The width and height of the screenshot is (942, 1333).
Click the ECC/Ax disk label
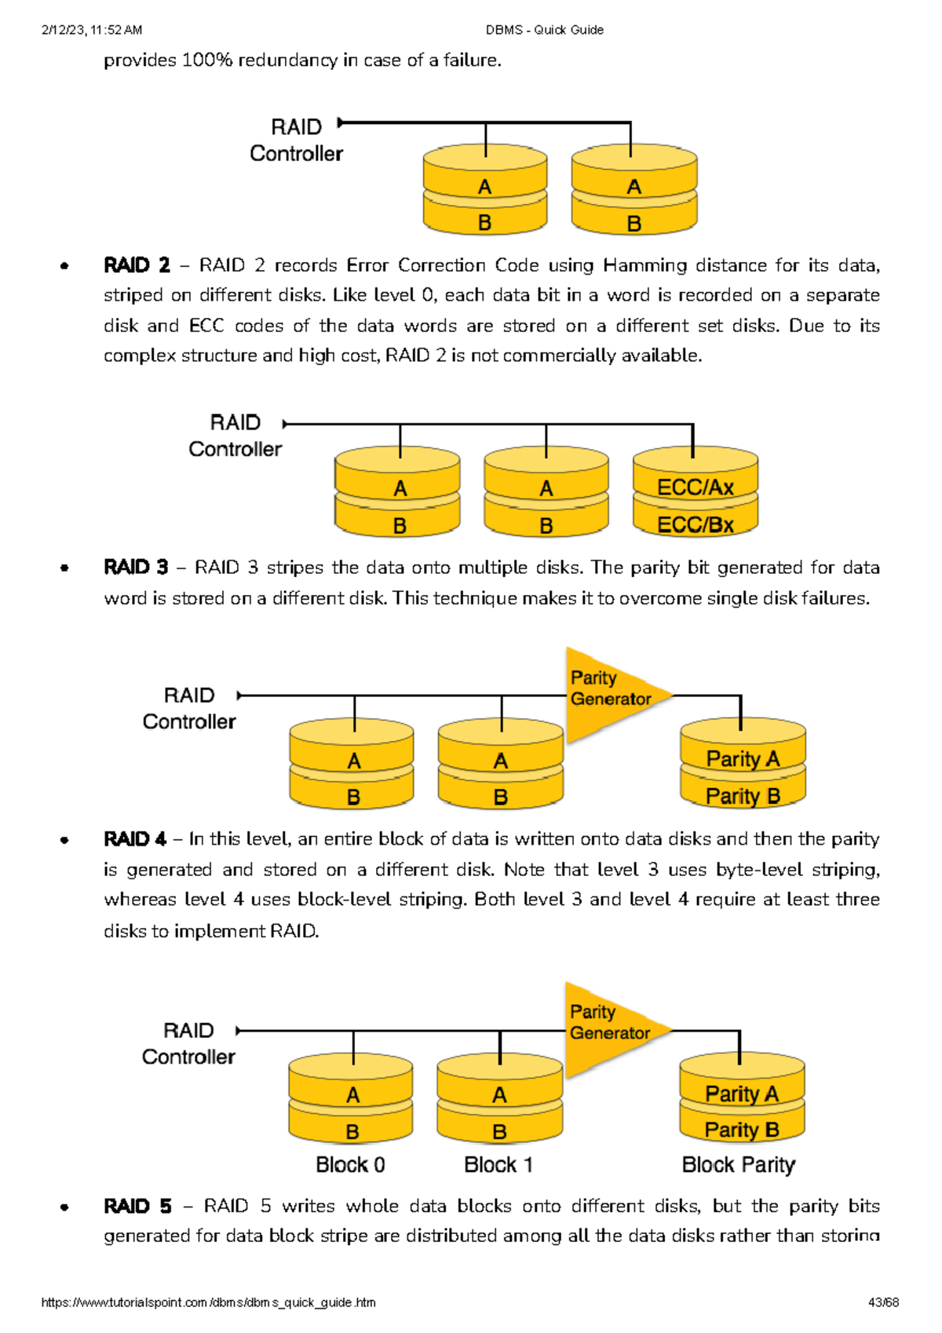point(695,488)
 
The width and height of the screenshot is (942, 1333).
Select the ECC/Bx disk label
point(695,524)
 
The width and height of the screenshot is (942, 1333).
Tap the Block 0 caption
point(350,1165)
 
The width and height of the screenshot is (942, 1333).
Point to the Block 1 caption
point(498,1165)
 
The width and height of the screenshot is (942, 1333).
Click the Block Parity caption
point(738,1165)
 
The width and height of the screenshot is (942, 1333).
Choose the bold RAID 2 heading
point(137,265)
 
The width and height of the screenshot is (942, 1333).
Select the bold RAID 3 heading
point(136,568)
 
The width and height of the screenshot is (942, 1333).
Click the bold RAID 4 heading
point(135,839)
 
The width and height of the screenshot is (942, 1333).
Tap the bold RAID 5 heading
point(137,1206)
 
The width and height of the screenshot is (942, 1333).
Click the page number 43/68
point(883,1302)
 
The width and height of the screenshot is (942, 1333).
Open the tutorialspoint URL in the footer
point(208,1302)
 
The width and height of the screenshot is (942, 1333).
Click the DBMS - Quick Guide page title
point(544,30)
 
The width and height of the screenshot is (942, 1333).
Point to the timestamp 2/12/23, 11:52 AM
point(91,30)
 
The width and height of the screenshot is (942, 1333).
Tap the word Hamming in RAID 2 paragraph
point(644,265)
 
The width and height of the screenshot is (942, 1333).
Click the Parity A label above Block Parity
point(741,1094)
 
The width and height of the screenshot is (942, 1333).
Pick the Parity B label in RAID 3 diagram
point(743,796)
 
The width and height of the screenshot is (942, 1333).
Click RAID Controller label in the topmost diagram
point(296,141)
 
